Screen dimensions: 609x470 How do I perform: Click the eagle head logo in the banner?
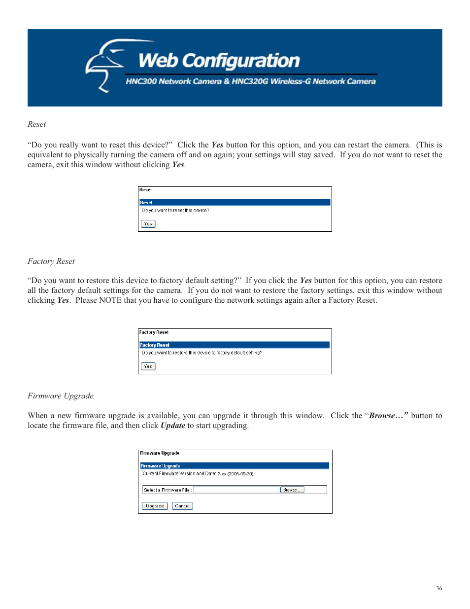coord(104,64)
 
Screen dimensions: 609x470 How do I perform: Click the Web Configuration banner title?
coord(219,61)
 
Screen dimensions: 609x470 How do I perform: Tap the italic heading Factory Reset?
coord(51,261)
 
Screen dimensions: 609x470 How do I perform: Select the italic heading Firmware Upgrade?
coord(61,396)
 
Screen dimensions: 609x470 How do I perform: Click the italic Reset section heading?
coord(37,124)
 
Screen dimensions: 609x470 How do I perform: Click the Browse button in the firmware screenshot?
coord(292,490)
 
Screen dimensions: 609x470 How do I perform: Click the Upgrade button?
coord(155,506)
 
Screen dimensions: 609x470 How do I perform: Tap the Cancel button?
coord(182,506)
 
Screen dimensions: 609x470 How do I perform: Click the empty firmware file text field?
coord(236,490)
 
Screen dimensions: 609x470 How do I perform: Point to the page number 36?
coord(439,588)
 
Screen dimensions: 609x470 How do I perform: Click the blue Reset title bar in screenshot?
coord(235,202)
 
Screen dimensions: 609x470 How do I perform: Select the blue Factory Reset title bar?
coord(235,345)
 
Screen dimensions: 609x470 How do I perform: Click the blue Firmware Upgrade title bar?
coord(235,466)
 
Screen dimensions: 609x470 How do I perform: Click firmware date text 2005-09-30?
coord(240,474)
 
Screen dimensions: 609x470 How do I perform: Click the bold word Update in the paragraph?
coord(172,426)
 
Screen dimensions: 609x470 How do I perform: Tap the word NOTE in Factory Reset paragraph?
coord(110,300)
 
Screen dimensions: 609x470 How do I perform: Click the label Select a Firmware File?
coord(167,490)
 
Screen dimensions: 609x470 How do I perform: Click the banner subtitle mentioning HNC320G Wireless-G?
coord(250,81)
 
